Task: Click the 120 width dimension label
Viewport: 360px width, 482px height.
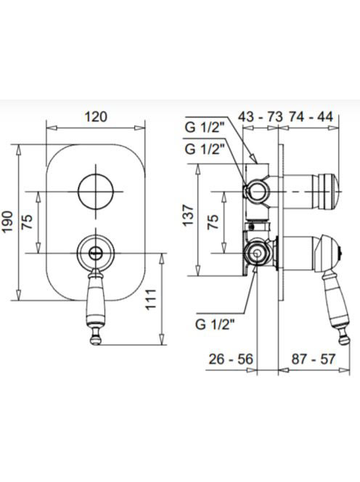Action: tap(96, 117)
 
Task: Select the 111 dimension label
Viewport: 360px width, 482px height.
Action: tap(151, 300)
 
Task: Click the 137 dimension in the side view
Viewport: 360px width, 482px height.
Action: tap(189, 216)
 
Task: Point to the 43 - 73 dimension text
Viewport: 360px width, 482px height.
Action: tap(261, 117)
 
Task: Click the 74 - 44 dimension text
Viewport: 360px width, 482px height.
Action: tap(310, 117)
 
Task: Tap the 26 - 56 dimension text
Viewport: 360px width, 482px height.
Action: tap(231, 359)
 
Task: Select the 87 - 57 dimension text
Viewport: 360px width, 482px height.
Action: tap(313, 359)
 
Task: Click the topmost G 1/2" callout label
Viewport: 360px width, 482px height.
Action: tap(203, 128)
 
